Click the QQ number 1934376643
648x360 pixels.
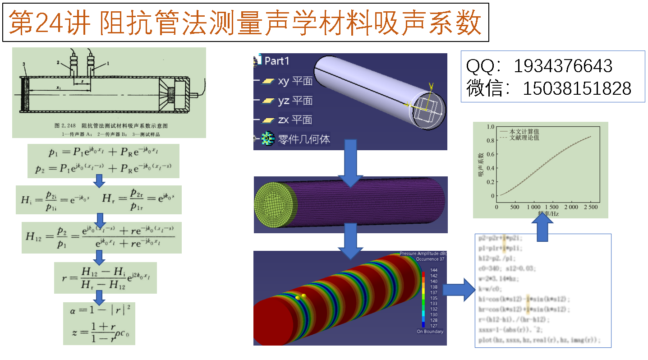(x=563, y=66)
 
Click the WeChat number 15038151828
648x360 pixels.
(x=577, y=88)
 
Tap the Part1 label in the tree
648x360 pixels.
(x=276, y=61)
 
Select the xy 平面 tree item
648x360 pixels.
(x=295, y=81)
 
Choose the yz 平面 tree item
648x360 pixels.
(x=295, y=100)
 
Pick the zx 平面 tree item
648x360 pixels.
(x=295, y=120)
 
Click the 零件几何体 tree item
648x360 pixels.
(x=303, y=139)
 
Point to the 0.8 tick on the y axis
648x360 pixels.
(x=491, y=140)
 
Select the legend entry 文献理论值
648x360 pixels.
(x=524, y=138)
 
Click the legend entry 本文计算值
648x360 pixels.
(x=524, y=131)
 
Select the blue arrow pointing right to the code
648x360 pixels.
(x=459, y=289)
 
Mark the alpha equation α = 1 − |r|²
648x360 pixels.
(x=99, y=310)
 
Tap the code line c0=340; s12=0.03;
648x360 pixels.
(x=507, y=269)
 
